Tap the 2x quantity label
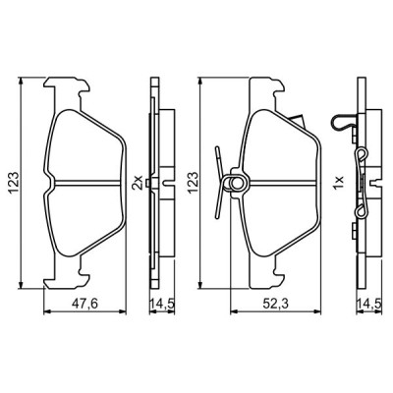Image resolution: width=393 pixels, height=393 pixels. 139,182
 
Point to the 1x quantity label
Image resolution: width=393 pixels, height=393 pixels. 339,182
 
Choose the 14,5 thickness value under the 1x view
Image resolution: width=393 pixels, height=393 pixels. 368,304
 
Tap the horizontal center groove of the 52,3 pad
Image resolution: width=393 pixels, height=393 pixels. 280,181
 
